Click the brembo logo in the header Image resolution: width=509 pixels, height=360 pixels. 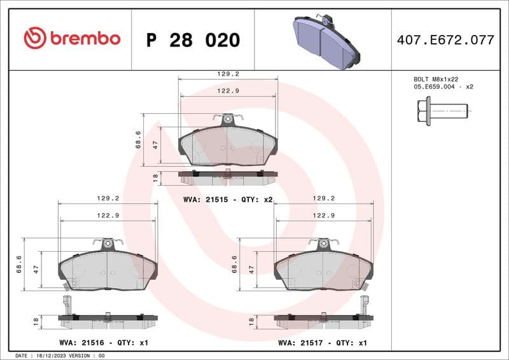coord(71,39)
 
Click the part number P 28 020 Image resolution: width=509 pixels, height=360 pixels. coord(193,40)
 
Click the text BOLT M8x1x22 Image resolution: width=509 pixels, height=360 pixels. coord(436,79)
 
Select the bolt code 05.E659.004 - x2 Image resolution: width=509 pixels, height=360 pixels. coord(443,87)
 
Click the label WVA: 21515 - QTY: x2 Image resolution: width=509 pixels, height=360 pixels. coord(228,199)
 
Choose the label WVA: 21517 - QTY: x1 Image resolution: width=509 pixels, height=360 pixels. coord(323,342)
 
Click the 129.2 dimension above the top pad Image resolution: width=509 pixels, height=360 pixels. coord(228,74)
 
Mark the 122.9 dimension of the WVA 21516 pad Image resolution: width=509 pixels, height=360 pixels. coord(108,216)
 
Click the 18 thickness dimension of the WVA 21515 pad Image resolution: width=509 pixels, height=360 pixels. coord(155,177)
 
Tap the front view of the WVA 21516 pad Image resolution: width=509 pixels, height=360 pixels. coord(108,268)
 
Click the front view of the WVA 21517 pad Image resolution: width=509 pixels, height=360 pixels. coord(324,268)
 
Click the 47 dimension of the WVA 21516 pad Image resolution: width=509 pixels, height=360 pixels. coord(36,269)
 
